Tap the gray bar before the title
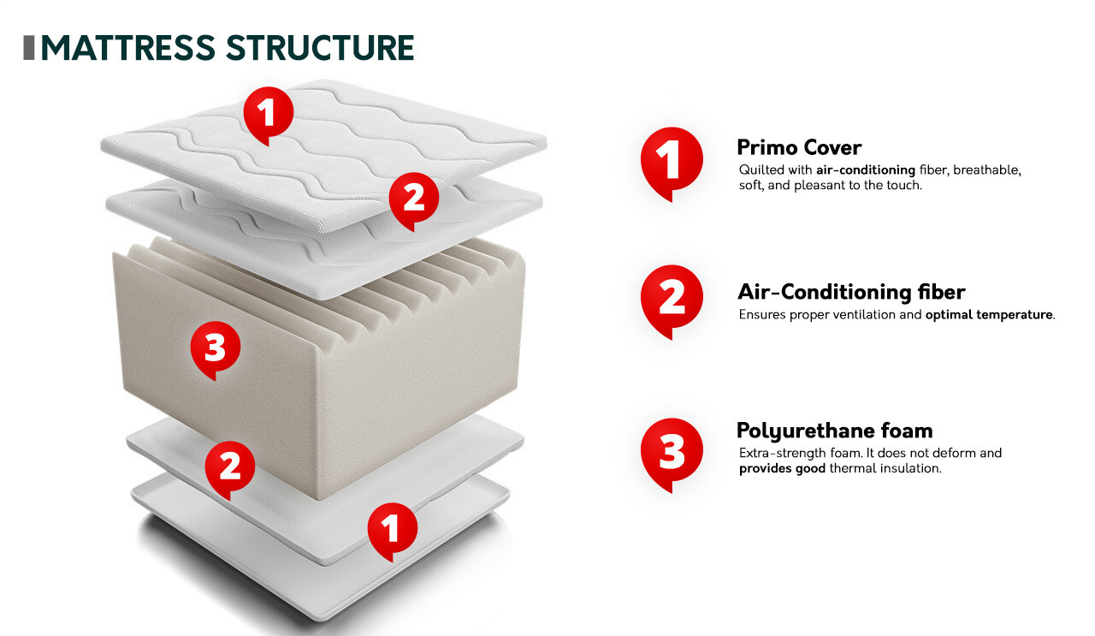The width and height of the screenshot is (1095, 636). [28, 48]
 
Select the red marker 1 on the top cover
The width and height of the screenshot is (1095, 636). [268, 113]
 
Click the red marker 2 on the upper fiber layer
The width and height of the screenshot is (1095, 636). [413, 199]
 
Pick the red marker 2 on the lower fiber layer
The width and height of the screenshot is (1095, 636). [230, 467]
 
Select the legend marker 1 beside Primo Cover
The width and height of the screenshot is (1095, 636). [672, 160]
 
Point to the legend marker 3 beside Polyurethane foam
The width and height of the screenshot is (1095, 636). [672, 451]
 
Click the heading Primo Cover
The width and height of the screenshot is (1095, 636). [799, 147]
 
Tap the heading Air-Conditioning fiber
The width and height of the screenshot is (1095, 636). [851, 292]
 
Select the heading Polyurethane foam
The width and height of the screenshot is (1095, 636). [834, 430]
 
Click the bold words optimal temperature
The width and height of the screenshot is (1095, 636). [989, 315]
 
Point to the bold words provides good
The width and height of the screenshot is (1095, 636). [782, 468]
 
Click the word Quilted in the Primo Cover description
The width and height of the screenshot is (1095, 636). [757, 170]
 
